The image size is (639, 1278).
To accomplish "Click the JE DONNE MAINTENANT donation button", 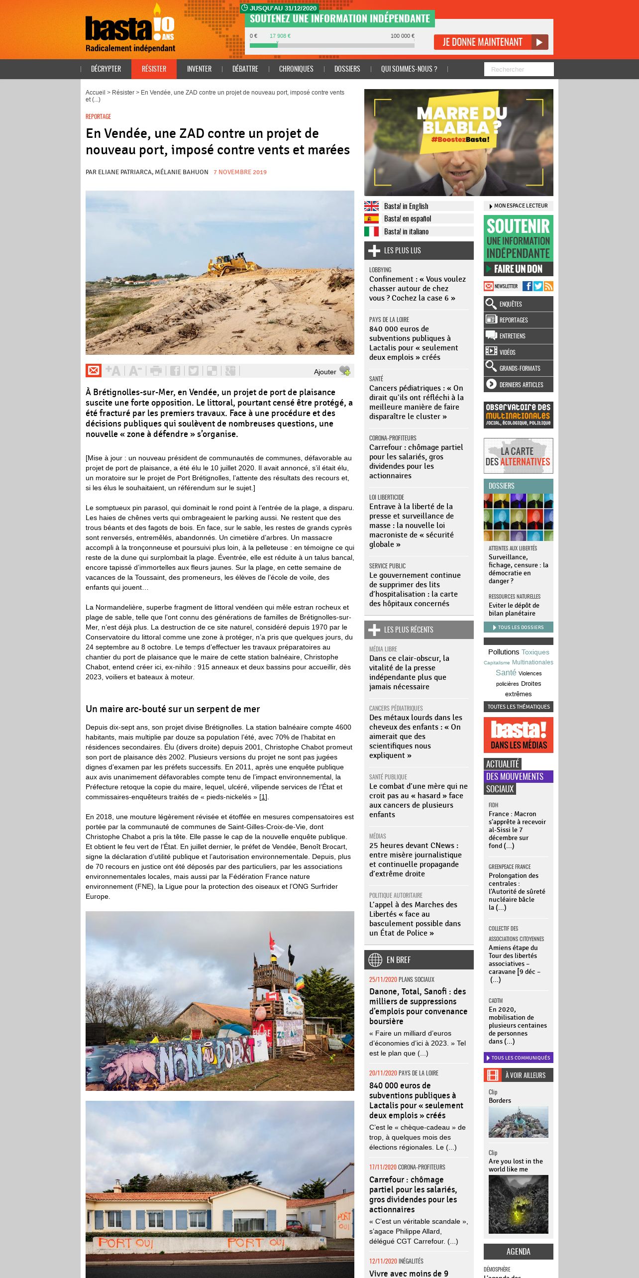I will pos(490,42).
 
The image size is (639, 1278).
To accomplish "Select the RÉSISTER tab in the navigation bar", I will pos(154,69).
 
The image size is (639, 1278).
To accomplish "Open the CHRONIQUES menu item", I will pos(296,69).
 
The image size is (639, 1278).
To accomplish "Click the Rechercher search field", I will pos(519,69).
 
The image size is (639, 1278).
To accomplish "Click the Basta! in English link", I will pos(406,207).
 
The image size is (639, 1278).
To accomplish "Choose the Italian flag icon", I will pos(371,231).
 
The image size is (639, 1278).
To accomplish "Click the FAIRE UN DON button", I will pos(518,269).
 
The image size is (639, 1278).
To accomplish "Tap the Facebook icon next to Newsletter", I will pos(527,286).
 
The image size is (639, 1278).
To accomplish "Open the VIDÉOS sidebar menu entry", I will pos(518,352).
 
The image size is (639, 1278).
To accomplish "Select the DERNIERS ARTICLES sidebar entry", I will pos(518,385).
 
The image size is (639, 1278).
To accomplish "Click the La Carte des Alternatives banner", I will pos(518,456).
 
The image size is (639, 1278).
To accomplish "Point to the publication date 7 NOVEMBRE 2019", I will pos(240,172).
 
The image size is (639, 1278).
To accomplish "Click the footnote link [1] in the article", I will pos(263,797).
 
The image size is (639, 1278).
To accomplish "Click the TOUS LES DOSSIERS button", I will pos(518,628).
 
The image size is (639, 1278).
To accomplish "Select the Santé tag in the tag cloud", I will pos(506,672).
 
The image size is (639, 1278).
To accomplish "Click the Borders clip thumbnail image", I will pos(518,1122).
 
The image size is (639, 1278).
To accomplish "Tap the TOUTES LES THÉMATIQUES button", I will pos(518,707).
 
